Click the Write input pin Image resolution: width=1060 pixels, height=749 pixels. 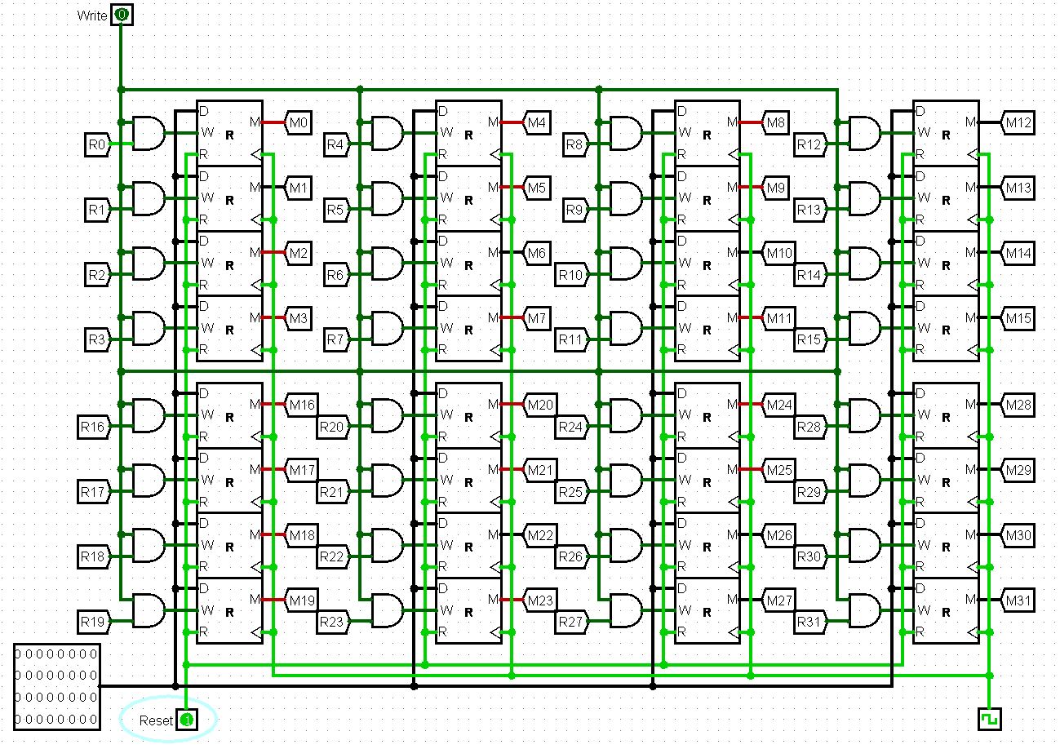click(x=122, y=15)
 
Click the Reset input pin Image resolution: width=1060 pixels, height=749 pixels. click(x=187, y=720)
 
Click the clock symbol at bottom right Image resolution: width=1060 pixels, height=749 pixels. click(x=989, y=719)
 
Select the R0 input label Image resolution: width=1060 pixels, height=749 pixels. click(x=96, y=145)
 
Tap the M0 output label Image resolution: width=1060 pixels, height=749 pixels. click(x=299, y=123)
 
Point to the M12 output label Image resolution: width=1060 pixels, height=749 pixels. click(x=1018, y=123)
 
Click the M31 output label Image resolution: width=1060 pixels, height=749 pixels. click(x=1018, y=601)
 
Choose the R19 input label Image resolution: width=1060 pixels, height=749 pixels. click(x=92, y=622)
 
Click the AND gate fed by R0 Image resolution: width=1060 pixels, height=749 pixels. click(x=148, y=133)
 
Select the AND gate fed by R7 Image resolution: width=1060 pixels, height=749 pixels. click(x=387, y=328)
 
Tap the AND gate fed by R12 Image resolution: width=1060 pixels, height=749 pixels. click(x=865, y=133)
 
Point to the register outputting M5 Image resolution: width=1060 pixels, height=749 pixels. click(x=468, y=198)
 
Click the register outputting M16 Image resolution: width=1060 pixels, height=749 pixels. click(x=229, y=415)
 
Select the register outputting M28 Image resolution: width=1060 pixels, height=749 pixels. click(x=945, y=415)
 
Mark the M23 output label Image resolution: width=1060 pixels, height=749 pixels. click(x=539, y=601)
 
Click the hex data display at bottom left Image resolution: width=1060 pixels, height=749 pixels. click(x=57, y=686)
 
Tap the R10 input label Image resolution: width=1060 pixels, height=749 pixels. click(x=571, y=275)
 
